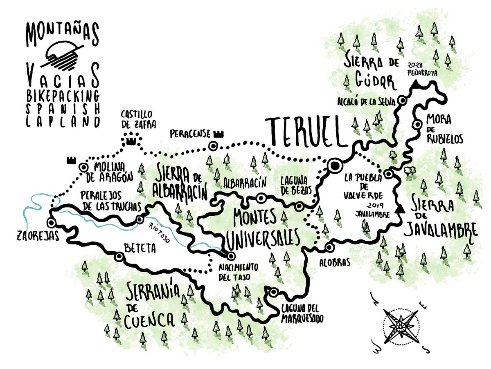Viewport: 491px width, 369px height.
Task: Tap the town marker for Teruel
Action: pyautogui.click(x=335, y=165)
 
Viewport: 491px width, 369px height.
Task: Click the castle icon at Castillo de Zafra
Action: pyautogui.click(x=131, y=141)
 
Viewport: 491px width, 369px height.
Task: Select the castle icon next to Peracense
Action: pyautogui.click(x=219, y=133)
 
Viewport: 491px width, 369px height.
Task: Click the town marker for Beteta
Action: pyautogui.click(x=119, y=257)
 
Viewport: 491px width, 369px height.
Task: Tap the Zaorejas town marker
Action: pyautogui.click(x=51, y=223)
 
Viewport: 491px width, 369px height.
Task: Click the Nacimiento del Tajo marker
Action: pyautogui.click(x=231, y=256)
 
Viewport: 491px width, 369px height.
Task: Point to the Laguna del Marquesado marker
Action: pyautogui.click(x=274, y=292)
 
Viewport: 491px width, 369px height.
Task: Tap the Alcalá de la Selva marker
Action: pyautogui.click(x=403, y=100)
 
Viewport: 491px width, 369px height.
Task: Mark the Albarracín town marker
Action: pyautogui.click(x=260, y=198)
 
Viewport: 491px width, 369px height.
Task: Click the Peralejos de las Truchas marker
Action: pyautogui.click(x=140, y=219)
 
